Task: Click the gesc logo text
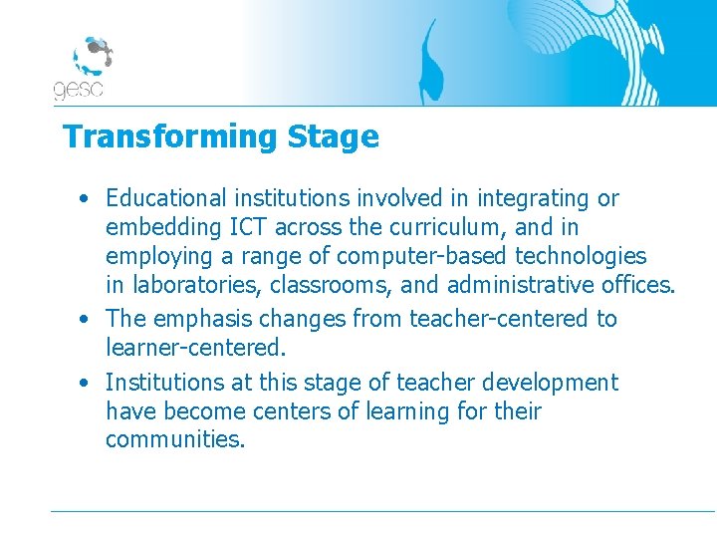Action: [78, 90]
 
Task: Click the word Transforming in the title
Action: [170, 136]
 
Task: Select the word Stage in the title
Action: [333, 136]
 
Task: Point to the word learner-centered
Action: [192, 349]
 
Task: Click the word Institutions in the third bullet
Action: [165, 382]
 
